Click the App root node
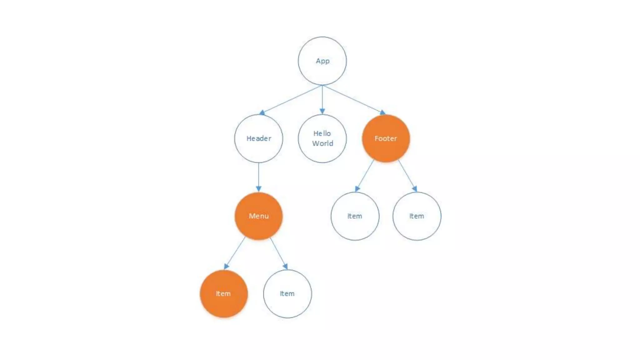coord(322,61)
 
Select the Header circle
coord(258,138)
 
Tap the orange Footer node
coord(386,138)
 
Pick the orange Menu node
coord(258,216)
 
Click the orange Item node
coord(224,294)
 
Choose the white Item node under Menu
coord(287,294)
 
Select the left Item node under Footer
coord(355,216)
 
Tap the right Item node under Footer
coord(417,216)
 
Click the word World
coord(322,143)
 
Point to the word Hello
coord(322,133)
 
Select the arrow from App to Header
coord(292,99)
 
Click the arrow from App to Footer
coord(353,99)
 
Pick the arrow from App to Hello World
coord(322,98)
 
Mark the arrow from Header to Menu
coord(258,177)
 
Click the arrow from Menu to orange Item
coord(235,253)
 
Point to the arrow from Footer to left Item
coord(365,175)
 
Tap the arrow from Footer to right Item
coord(407,175)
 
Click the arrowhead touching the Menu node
coord(258,189)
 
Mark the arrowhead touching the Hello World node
coord(322,111)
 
